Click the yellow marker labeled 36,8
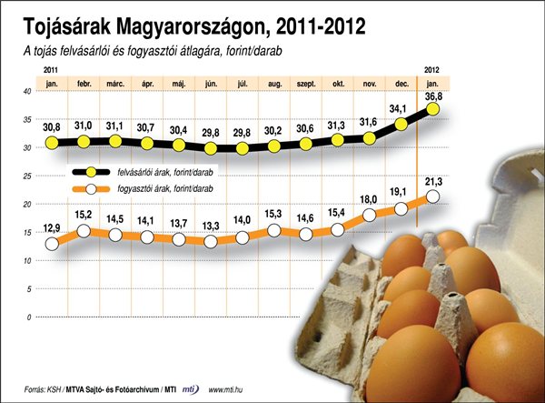click(433, 109)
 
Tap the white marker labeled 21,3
click(433, 196)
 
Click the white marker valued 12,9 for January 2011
click(52, 244)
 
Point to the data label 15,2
click(84, 215)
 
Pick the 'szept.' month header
click(306, 83)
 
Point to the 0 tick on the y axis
click(28, 317)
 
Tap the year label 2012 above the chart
click(433, 70)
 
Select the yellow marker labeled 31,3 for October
click(338, 140)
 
